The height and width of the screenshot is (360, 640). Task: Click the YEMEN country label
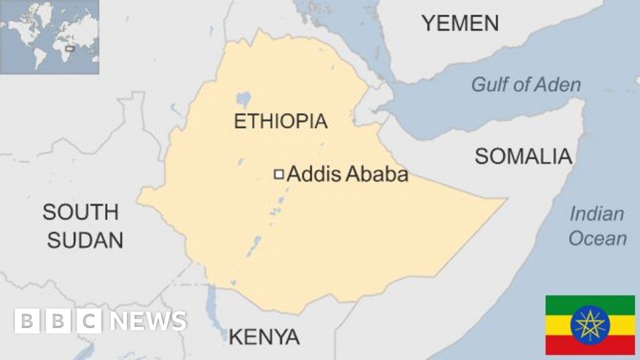(x=460, y=23)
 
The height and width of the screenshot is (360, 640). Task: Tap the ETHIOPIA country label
(x=281, y=121)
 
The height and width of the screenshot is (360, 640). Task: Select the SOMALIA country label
(x=523, y=156)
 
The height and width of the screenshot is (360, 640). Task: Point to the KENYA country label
(x=264, y=337)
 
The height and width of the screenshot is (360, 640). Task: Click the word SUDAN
(x=85, y=240)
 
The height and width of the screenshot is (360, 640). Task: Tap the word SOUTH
(x=80, y=212)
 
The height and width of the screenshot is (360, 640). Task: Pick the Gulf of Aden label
(x=526, y=84)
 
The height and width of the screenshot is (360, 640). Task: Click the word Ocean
(x=597, y=238)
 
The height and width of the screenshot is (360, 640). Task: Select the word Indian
(x=596, y=214)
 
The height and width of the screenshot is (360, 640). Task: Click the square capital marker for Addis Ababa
(x=279, y=174)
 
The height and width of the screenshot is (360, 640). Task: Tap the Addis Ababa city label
(x=347, y=174)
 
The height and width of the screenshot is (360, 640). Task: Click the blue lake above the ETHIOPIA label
(x=242, y=99)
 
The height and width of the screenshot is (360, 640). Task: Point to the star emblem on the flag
(x=589, y=325)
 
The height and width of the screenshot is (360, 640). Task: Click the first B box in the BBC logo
(x=27, y=321)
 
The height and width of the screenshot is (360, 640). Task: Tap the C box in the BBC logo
(x=89, y=321)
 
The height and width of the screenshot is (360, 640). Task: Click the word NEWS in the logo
(x=148, y=321)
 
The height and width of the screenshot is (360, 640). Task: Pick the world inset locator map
(x=49, y=37)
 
